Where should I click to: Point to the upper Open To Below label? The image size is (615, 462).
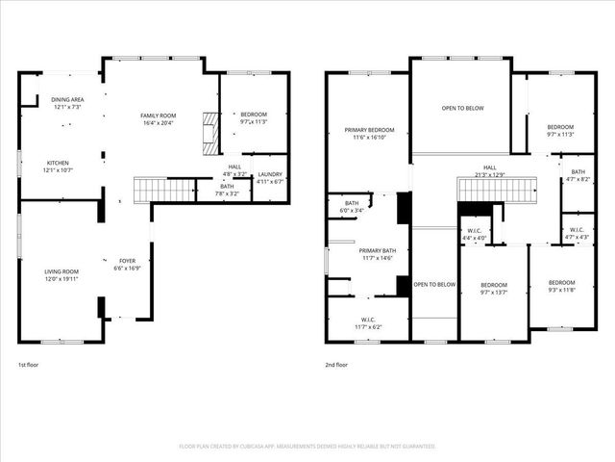461,109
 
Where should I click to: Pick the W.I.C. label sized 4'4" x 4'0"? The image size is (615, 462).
475,234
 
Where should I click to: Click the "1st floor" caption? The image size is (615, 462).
29,365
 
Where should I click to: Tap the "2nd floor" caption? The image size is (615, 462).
336,365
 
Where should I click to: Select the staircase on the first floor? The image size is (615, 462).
164,190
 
